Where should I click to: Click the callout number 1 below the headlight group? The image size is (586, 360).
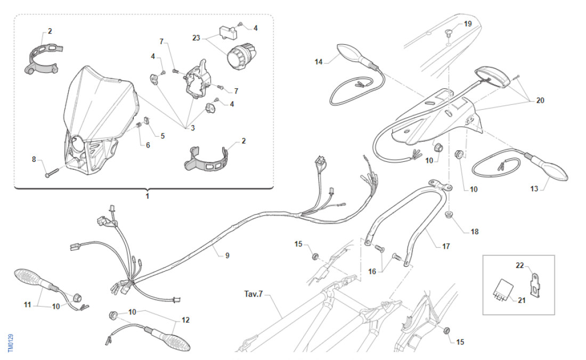(x=147, y=196)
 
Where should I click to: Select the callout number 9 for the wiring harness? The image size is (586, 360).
(x=227, y=256)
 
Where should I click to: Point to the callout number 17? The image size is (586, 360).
(x=446, y=247)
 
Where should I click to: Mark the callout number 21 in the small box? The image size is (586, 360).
(x=522, y=300)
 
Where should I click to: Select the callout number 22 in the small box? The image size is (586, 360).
(x=520, y=265)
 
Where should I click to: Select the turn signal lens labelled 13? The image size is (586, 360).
(x=555, y=170)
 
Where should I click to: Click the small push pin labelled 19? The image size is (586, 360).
(x=449, y=33)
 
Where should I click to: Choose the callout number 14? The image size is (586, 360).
(x=319, y=62)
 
